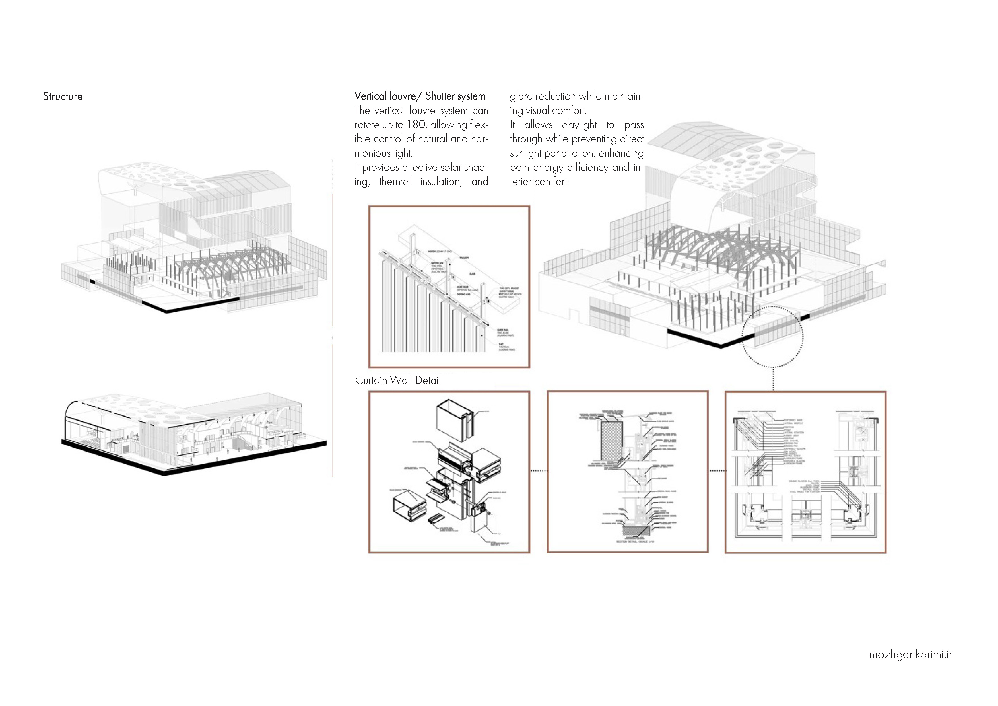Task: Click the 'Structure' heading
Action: coord(63,96)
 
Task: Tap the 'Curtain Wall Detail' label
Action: coord(398,380)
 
